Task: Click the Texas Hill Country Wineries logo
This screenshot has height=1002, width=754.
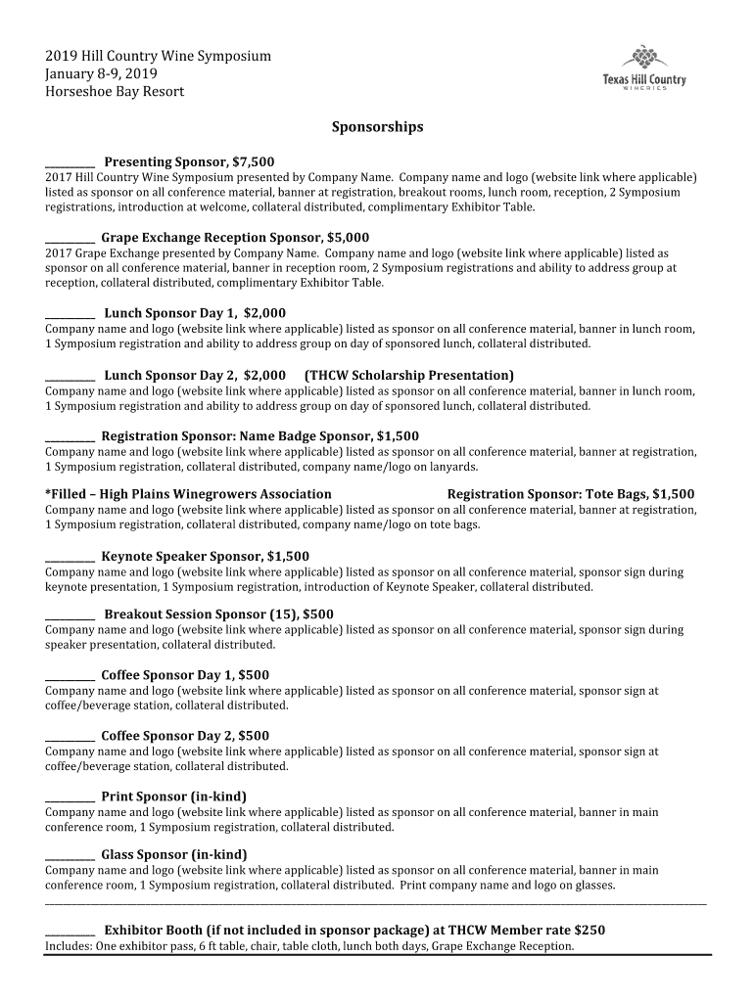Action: click(643, 68)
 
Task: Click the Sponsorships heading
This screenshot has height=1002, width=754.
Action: click(377, 127)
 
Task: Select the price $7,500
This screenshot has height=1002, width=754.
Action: click(253, 161)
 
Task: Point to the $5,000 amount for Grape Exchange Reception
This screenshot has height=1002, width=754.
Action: click(348, 238)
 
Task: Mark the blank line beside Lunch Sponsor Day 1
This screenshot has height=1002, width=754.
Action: click(71, 315)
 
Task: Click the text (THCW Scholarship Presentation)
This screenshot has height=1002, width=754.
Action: click(409, 376)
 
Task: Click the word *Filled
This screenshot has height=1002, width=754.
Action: click(65, 494)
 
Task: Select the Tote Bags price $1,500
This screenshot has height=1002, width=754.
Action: click(673, 494)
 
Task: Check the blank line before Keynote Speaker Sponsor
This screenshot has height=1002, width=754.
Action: click(71, 558)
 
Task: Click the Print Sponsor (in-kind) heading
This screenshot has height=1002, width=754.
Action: click(173, 797)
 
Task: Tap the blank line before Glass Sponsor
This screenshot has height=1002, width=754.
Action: click(71, 856)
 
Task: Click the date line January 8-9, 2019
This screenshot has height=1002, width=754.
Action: click(101, 74)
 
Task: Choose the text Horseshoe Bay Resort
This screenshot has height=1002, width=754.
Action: click(115, 92)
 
